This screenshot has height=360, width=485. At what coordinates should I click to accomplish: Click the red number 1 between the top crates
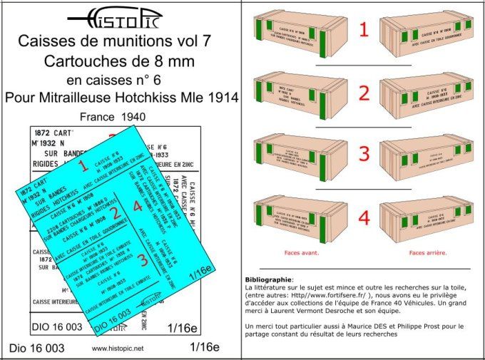363,30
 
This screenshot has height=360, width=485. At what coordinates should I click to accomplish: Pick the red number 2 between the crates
363,93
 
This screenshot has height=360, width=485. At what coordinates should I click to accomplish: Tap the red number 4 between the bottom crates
363,218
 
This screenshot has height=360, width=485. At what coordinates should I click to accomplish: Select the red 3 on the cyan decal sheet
143,260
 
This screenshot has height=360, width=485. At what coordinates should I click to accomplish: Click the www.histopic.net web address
118,349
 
